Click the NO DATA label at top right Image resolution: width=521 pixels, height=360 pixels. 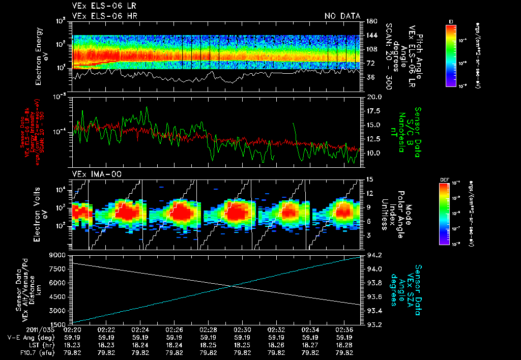click(342, 16)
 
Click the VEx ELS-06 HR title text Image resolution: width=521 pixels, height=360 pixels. click(105, 16)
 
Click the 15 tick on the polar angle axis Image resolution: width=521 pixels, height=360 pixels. click(369, 179)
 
